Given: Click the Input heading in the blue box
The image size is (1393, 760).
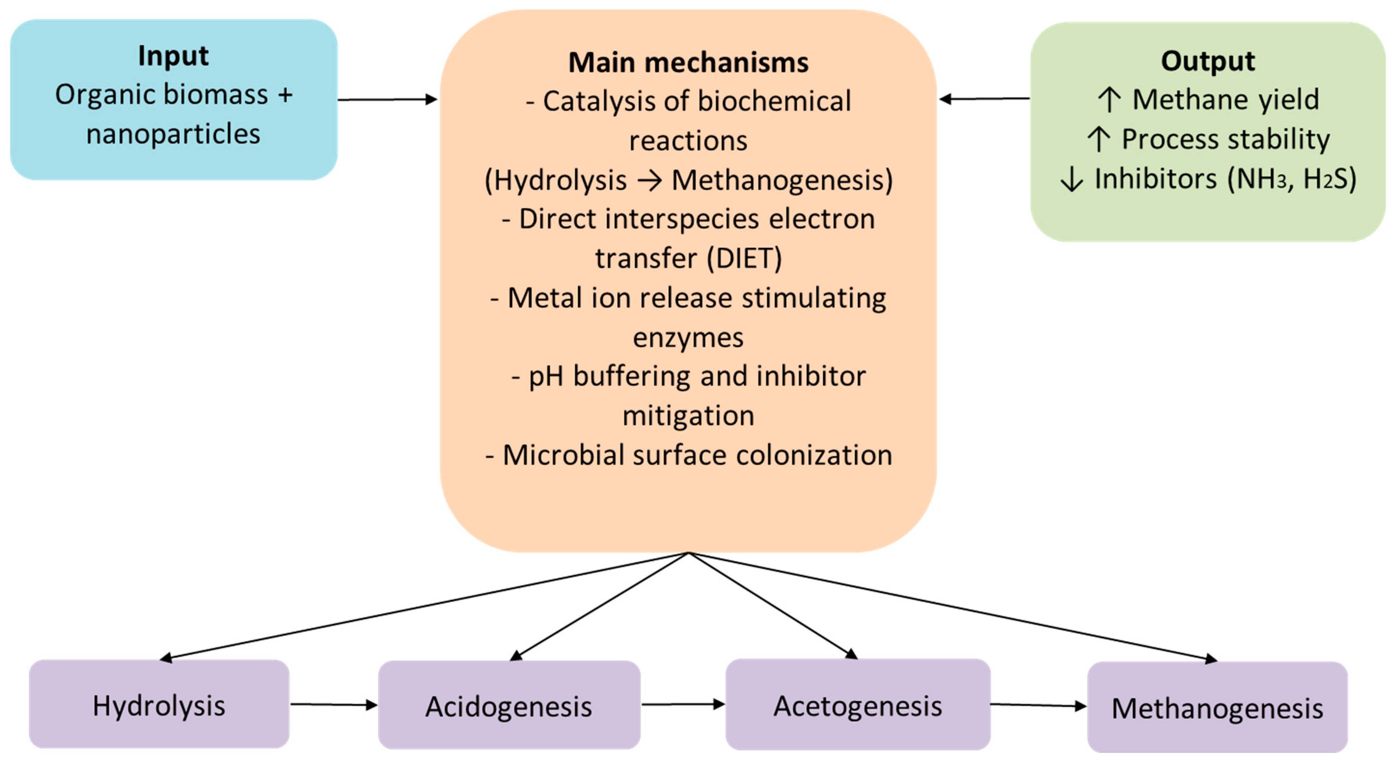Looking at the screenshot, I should (173, 56).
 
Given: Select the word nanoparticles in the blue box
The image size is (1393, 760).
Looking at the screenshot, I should (173, 134).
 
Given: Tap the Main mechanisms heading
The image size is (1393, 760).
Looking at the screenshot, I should (688, 62).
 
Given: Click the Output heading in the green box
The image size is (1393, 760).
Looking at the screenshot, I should (1207, 61).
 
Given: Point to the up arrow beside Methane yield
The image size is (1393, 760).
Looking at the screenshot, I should (1109, 100).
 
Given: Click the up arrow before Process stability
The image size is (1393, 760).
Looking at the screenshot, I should (1098, 140).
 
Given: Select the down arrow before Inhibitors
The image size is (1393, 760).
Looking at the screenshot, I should (1071, 179).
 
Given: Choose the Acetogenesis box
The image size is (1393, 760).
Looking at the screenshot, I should (857, 705).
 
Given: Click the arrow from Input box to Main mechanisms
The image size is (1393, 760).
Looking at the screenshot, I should (387, 100).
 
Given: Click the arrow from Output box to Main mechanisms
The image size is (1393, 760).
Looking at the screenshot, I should (984, 99).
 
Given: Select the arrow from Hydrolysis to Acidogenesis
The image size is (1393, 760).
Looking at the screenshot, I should (334, 704).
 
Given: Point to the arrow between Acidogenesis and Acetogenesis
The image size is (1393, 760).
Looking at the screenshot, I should (683, 704).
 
